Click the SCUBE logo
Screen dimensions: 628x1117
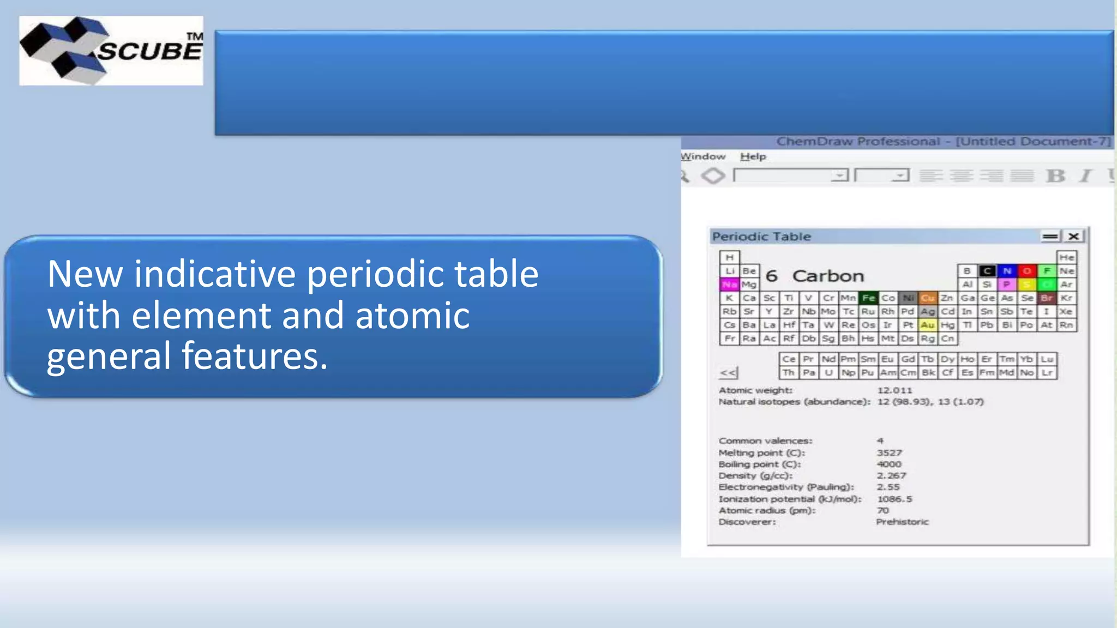coord(111,50)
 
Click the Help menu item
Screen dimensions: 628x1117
coord(753,156)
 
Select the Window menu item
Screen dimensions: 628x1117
coord(703,156)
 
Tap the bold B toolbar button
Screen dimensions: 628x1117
coord(1055,176)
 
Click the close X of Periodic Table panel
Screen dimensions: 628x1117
coord(1073,236)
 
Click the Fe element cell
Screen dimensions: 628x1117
coord(868,298)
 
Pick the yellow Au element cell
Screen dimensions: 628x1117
coord(928,325)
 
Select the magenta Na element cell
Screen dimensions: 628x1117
coord(729,284)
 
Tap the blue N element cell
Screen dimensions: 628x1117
coord(1007,271)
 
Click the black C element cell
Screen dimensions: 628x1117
coord(987,271)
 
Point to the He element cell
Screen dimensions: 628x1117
coord(1066,257)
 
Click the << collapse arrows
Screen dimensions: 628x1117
coord(728,373)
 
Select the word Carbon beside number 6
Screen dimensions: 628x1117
coord(828,276)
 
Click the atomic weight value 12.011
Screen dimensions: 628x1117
coord(894,390)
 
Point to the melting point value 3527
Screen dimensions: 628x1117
coord(889,453)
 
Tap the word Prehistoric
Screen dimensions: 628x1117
coord(902,522)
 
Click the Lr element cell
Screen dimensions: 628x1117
coord(1047,373)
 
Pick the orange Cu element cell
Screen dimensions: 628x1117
coord(928,298)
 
